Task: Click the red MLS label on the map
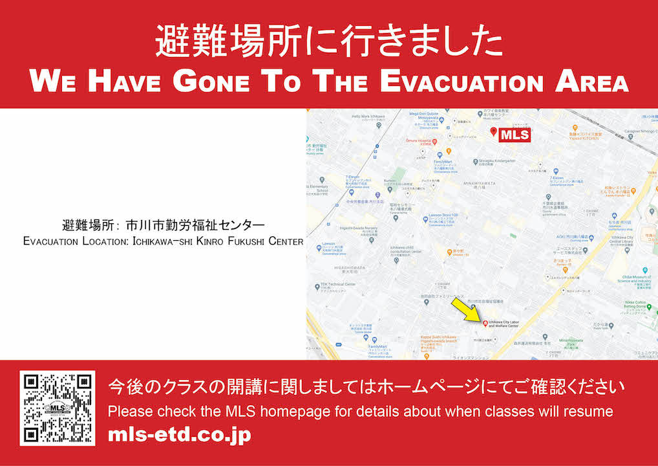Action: [515, 135]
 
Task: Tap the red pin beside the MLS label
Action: [494, 133]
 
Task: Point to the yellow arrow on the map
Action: [467, 309]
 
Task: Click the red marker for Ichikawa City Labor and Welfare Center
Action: [484, 322]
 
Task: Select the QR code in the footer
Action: [58, 408]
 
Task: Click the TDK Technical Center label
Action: [338, 285]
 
